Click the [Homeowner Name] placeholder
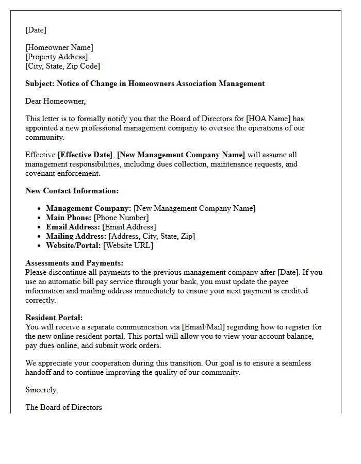point(59,47)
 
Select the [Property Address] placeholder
point(57,57)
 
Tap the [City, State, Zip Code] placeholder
point(62,66)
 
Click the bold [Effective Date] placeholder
point(86,155)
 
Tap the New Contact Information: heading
point(72,191)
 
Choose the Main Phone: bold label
point(69,218)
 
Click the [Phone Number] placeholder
point(121,218)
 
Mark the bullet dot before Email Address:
point(39,227)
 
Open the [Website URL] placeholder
point(128,245)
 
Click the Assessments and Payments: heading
point(74,263)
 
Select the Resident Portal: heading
point(54,318)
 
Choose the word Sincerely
point(42,390)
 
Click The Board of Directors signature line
point(63,407)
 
